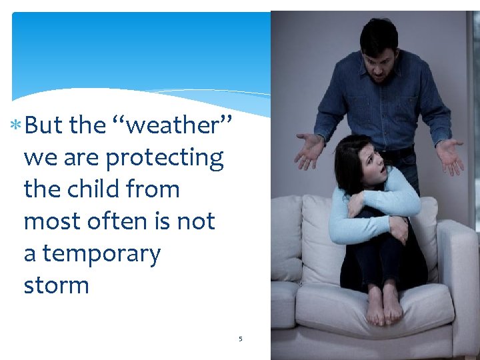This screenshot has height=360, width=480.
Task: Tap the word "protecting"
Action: pos(165,158)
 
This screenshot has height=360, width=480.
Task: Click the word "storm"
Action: pos(56,285)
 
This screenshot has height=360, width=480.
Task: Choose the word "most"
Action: pos(49,221)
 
